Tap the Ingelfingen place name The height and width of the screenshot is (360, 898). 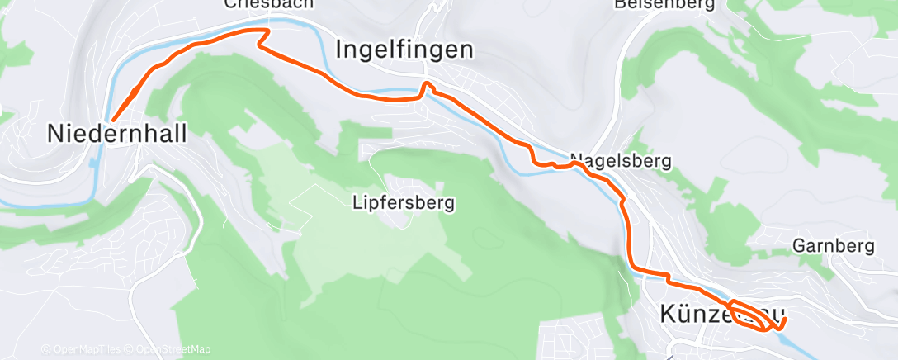tap(405, 50)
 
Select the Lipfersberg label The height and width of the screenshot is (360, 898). tap(403, 201)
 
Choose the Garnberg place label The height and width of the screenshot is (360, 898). tap(833, 246)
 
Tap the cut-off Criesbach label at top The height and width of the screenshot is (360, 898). tap(269, 4)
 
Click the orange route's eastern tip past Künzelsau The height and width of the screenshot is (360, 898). tap(785, 318)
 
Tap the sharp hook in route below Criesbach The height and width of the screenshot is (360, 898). tap(266, 34)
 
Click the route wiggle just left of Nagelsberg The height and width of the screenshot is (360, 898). tap(545, 163)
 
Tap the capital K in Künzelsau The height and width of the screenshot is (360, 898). tap(669, 315)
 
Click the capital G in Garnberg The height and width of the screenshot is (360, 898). tap(798, 246)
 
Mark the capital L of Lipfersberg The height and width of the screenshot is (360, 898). tap(356, 201)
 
